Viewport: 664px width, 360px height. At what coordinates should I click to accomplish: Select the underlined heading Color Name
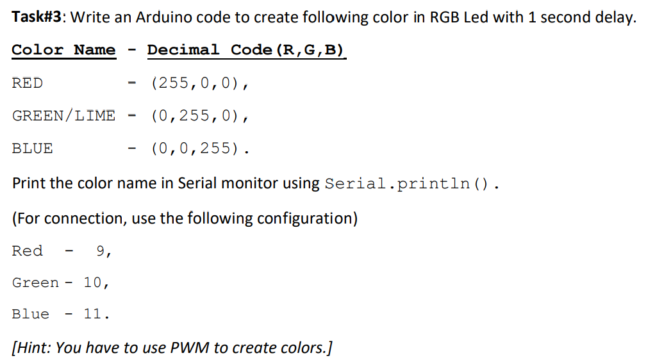(x=63, y=50)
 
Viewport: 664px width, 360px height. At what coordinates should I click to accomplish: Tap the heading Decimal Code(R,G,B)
(x=246, y=50)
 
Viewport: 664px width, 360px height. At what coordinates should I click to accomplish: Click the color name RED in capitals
(x=28, y=83)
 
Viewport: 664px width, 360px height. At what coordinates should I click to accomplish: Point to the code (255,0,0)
(x=199, y=83)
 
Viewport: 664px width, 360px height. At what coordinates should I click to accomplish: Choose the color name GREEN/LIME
(x=63, y=116)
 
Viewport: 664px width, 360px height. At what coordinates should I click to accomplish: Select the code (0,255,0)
(x=199, y=116)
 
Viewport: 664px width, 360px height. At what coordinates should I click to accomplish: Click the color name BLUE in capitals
(x=32, y=149)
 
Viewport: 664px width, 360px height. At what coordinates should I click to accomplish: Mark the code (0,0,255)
(x=199, y=149)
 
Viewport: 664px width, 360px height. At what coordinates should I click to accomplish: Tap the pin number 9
(x=101, y=251)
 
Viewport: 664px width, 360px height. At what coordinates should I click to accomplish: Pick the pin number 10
(x=93, y=282)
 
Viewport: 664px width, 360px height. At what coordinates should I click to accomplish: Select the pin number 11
(x=93, y=314)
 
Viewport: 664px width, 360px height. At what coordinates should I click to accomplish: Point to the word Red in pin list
(x=28, y=251)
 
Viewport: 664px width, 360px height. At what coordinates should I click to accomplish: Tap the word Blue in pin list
(x=31, y=314)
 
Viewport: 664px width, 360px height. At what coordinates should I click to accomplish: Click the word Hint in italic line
(x=33, y=348)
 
